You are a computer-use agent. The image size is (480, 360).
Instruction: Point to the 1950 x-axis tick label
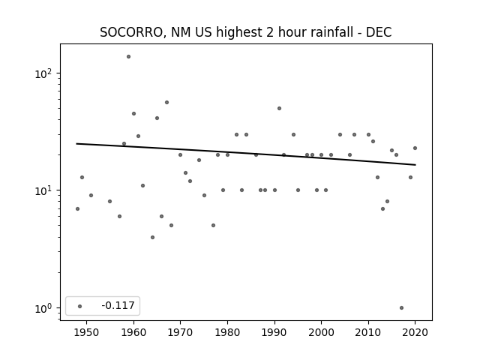pos(86,332)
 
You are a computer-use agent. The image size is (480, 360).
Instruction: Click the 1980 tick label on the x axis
pos(227,332)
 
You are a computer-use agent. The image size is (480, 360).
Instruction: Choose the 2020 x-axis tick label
pos(415,332)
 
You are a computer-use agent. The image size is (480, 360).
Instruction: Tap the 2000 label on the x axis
pos(321,332)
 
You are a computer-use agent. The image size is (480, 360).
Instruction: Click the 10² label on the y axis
pos(43,73)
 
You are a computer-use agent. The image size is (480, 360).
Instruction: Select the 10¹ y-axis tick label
pos(43,190)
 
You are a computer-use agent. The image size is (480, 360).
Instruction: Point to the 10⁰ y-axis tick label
pos(43,308)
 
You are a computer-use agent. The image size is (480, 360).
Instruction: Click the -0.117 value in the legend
pos(118,305)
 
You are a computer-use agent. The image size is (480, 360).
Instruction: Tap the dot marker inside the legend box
pos(79,306)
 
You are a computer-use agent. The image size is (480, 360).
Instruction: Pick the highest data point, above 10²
pos(128,57)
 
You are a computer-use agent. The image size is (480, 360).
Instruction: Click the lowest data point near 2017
pos(402,308)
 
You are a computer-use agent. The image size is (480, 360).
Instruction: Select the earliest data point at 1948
pos(77,208)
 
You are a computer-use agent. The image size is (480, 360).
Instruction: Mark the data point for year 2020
pos(415,148)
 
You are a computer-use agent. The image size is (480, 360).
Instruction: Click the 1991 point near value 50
pos(279,108)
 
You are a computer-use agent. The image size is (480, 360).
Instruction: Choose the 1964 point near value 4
pos(152,237)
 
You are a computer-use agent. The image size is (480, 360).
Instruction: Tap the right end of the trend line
pos(415,165)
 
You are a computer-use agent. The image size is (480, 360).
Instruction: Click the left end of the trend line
pos(76,143)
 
